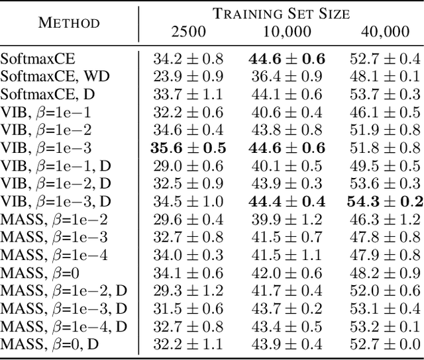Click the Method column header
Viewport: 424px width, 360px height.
[x=69, y=22]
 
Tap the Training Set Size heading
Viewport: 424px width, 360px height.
[x=281, y=13]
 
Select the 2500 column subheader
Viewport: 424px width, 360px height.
[x=189, y=30]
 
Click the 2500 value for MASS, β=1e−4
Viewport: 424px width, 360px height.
[x=189, y=253]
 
